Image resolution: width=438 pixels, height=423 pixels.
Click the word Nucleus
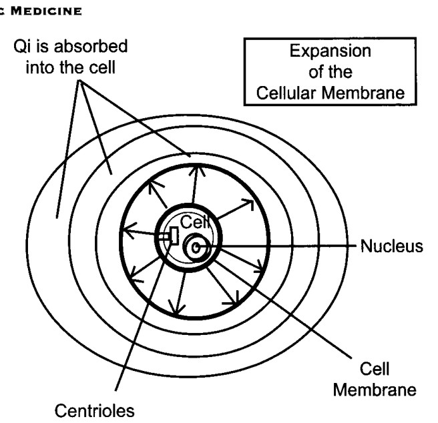(x=392, y=246)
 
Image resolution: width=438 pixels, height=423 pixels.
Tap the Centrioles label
(x=94, y=411)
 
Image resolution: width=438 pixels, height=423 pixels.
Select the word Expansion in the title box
(x=331, y=51)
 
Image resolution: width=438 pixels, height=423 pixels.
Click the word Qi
(x=22, y=46)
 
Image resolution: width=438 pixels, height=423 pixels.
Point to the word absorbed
(x=91, y=46)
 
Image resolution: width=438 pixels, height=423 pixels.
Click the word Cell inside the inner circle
(x=195, y=222)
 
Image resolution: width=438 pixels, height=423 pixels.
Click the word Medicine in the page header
(x=46, y=11)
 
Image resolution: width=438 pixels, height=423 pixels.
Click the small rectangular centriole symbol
(x=174, y=236)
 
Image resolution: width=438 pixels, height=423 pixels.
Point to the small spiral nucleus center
(x=196, y=248)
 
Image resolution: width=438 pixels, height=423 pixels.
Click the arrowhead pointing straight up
(x=197, y=169)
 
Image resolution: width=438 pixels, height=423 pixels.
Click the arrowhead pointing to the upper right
(x=249, y=203)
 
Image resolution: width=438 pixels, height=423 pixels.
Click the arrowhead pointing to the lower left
(x=136, y=275)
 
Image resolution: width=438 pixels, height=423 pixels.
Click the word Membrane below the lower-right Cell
(x=375, y=390)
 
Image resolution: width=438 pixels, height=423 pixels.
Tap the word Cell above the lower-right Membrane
(x=375, y=369)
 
